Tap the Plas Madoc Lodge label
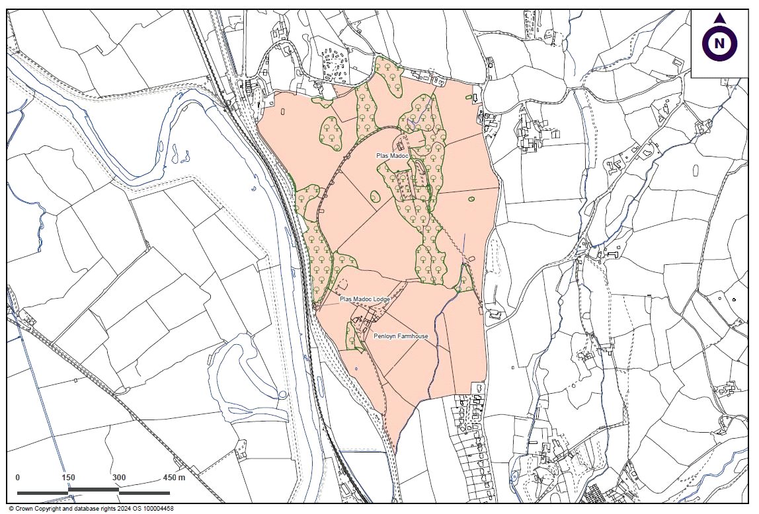point(365,299)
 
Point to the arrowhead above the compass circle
point(720,18)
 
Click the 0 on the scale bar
point(18,478)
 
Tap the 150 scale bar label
point(69,478)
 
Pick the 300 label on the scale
point(119,478)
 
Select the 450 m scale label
point(174,478)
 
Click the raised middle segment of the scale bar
point(93,490)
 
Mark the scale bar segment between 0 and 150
point(43,493)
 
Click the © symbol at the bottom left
point(11,509)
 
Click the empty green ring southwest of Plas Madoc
point(375,196)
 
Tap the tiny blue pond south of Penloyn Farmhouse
point(356,368)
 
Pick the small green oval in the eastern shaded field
point(471,199)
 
